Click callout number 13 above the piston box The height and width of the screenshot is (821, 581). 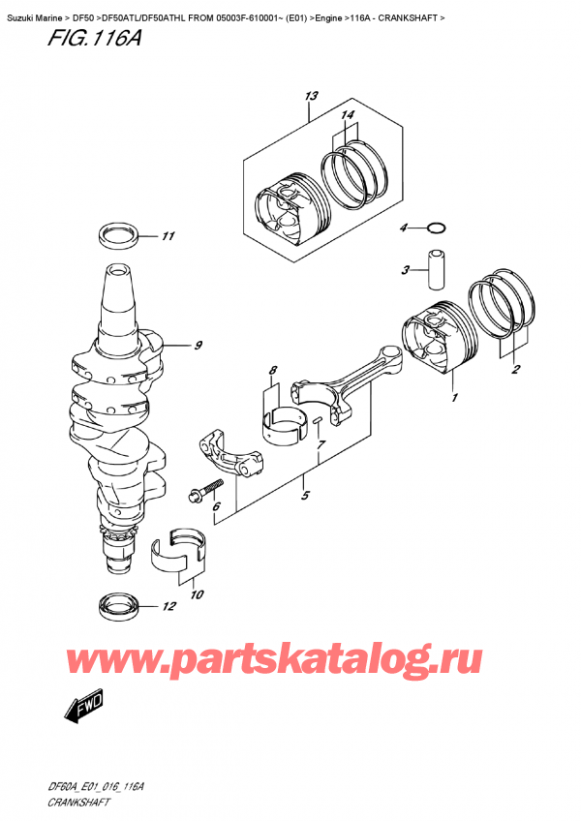coord(311,97)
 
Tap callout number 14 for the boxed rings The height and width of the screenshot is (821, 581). coord(348,114)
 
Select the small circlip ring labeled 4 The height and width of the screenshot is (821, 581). coord(437,228)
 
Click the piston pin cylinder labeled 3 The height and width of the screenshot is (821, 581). coord(437,270)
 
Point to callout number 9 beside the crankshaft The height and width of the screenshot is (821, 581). coord(198,346)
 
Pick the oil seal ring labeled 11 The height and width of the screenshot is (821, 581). coord(119,236)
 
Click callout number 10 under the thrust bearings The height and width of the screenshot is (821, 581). coord(197,594)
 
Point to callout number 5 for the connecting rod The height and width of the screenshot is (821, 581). coord(305,495)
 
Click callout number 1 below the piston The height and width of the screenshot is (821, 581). coord(454,397)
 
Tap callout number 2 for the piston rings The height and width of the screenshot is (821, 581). coord(515,370)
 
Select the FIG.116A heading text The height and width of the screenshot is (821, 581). coord(94,38)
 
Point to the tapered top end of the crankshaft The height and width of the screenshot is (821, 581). coord(120,293)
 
